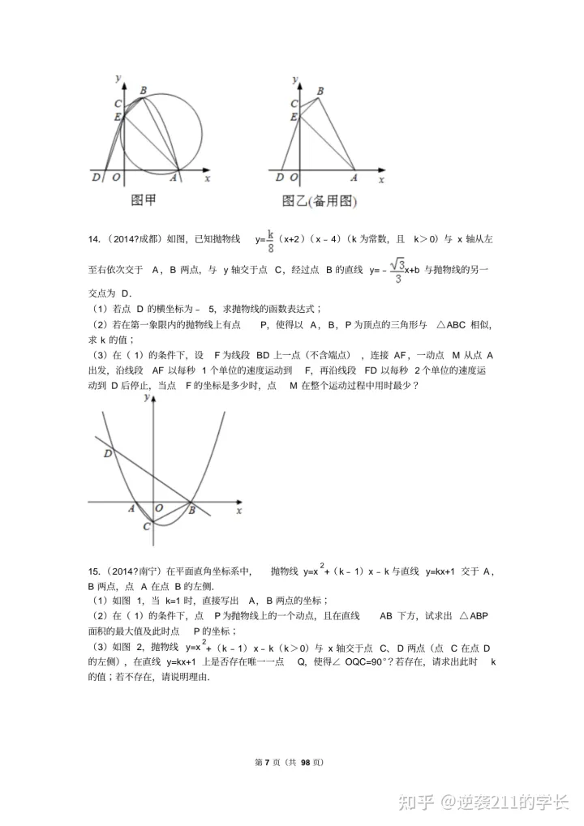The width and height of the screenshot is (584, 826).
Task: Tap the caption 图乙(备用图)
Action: click(320, 201)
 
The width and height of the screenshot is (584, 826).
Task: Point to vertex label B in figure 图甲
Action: click(144, 90)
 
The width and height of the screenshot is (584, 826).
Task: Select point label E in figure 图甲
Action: click(118, 117)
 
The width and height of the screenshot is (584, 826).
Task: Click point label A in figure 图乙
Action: click(353, 177)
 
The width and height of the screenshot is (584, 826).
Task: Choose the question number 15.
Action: click(93, 571)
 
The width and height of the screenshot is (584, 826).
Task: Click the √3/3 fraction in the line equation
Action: click(397, 271)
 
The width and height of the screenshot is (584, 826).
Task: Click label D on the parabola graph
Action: click(107, 455)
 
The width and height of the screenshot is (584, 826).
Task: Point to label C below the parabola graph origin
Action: click(146, 527)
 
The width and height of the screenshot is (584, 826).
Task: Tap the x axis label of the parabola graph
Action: click(238, 511)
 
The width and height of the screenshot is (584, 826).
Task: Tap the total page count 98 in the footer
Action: click(307, 762)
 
